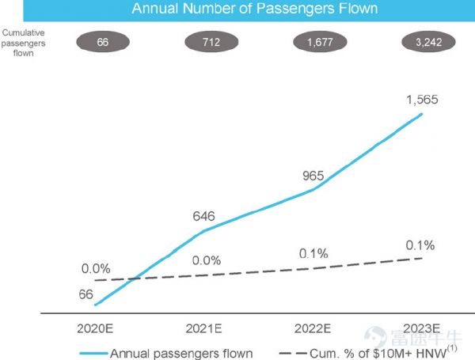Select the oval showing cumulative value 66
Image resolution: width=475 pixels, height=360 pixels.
pyautogui.click(x=102, y=42)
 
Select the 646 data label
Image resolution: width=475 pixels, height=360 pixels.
pyautogui.click(x=204, y=215)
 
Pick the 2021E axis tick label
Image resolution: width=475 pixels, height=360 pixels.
pyautogui.click(x=204, y=328)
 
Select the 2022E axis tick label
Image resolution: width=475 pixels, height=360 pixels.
pyautogui.click(x=313, y=328)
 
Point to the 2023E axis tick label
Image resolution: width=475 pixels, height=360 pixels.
pyautogui.click(x=422, y=328)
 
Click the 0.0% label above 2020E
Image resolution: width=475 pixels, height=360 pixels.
pyautogui.click(x=95, y=269)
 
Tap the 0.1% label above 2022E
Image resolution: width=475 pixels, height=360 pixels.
pyautogui.click(x=313, y=253)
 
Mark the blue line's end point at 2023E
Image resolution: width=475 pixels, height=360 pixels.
pyautogui.click(x=422, y=114)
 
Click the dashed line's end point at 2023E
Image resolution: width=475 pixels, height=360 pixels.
pyautogui.click(x=422, y=258)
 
